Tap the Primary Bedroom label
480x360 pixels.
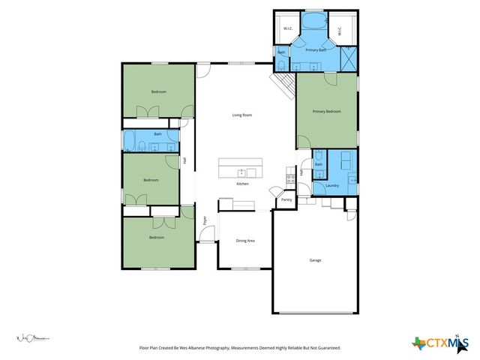click(x=327, y=111)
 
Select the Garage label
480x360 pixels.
click(x=316, y=260)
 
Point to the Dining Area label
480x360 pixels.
click(x=245, y=241)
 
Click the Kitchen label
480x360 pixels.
click(x=242, y=184)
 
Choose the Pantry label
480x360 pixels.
click(x=286, y=200)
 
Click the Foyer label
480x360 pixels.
click(x=205, y=220)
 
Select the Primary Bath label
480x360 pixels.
click(x=315, y=49)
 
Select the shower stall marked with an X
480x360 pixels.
click(x=347, y=58)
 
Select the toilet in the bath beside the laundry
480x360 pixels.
click(x=319, y=164)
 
